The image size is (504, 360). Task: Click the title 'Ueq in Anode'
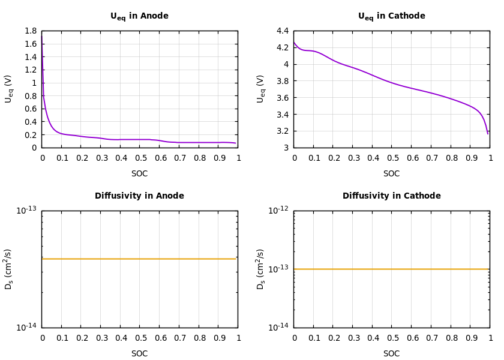(139, 16)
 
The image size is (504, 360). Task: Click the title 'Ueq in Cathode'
(391, 16)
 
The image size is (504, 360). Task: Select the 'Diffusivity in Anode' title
(139, 196)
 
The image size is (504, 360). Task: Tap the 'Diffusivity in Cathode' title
(391, 196)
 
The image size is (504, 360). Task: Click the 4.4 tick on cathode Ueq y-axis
(282, 31)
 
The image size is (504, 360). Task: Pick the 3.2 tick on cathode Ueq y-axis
(282, 131)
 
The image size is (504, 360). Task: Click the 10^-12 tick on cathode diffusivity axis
(278, 210)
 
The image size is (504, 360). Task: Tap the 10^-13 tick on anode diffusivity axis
(26, 210)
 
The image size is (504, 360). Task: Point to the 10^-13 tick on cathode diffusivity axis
(278, 269)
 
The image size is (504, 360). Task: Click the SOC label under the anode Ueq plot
(139, 174)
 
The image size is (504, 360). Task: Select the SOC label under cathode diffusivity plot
(391, 354)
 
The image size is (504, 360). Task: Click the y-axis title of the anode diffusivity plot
(8, 269)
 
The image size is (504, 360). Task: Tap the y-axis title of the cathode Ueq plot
(260, 89)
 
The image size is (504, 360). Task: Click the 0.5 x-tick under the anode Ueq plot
(140, 158)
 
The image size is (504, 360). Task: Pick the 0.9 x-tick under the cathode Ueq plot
(470, 158)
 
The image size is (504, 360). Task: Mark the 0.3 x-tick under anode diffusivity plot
(101, 338)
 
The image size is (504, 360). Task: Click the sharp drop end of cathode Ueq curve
(488, 133)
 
